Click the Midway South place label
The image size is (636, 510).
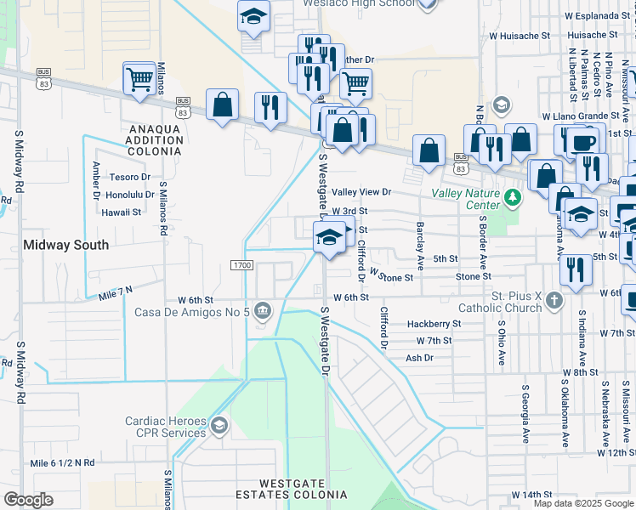click(65, 245)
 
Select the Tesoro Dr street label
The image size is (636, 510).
click(130, 178)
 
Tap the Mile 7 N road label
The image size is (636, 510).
click(116, 292)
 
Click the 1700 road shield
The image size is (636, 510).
click(241, 266)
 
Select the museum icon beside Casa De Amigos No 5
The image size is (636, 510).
click(264, 311)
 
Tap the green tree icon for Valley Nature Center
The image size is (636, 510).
click(512, 198)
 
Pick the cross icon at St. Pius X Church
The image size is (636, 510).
click(554, 301)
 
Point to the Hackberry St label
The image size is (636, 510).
click(433, 324)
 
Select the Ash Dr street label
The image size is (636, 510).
click(419, 358)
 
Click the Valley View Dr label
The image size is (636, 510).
click(361, 193)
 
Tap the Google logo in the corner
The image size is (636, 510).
click(29, 500)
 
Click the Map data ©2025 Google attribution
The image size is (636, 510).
click(583, 503)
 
